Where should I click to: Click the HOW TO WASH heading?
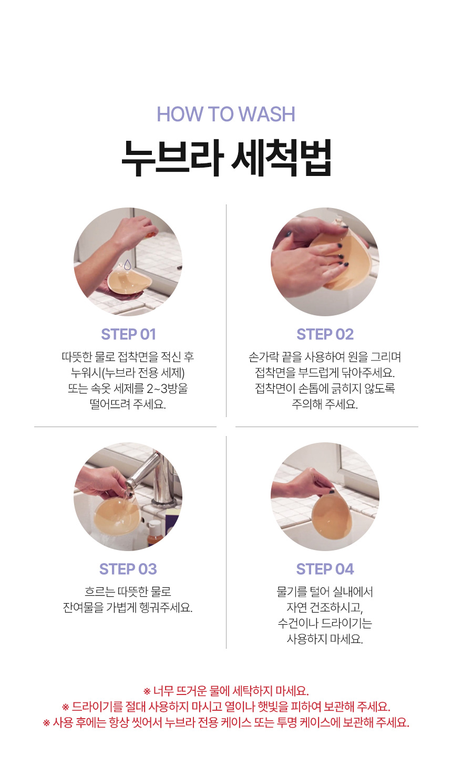click(x=226, y=114)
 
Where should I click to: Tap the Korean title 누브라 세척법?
click(x=226, y=158)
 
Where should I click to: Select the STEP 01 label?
click(x=128, y=334)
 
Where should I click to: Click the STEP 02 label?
click(x=325, y=334)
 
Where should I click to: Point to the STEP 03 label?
click(x=128, y=569)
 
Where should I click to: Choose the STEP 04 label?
click(x=325, y=569)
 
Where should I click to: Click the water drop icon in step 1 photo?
click(x=127, y=265)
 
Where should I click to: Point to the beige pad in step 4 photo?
click(x=327, y=516)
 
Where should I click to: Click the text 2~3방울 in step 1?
click(x=167, y=389)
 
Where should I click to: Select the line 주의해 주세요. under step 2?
click(x=325, y=404)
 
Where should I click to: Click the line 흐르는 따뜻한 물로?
click(x=128, y=592)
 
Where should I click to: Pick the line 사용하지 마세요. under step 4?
click(x=325, y=639)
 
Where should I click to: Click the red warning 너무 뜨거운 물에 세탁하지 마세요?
click(x=226, y=691)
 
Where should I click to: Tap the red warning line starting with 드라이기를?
click(x=226, y=707)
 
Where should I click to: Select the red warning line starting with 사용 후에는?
click(x=226, y=722)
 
